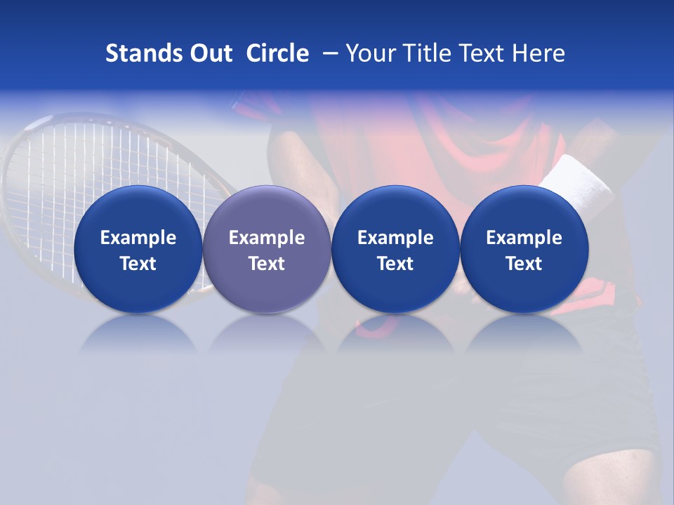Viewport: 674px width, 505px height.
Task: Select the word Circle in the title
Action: (277, 53)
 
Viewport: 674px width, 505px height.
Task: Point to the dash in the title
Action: (328, 53)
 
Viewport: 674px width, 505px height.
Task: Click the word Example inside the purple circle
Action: (267, 238)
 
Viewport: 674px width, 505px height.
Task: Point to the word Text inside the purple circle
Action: (267, 264)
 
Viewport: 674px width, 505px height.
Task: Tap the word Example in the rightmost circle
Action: (524, 238)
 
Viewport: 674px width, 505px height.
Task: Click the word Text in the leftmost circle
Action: (138, 264)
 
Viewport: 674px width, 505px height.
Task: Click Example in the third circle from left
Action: (395, 238)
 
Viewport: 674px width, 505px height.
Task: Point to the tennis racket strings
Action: (77, 168)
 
